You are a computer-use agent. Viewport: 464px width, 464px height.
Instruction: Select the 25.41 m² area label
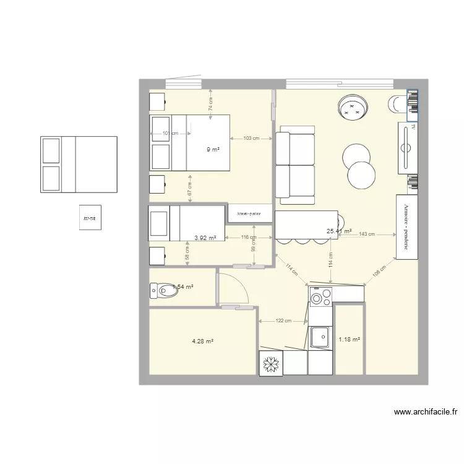339,232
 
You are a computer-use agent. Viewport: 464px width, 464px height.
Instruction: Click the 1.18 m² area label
349,339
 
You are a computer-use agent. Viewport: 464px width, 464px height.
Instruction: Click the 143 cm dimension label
367,234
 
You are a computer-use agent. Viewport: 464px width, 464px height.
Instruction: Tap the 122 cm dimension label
283,321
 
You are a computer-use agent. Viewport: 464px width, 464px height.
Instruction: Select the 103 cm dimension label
251,139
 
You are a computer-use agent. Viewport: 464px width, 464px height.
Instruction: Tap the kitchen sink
320,338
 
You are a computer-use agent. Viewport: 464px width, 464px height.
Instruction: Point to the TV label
412,129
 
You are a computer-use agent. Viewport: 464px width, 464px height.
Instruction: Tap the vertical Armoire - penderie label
407,226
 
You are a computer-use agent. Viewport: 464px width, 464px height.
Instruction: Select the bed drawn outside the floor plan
79,164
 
